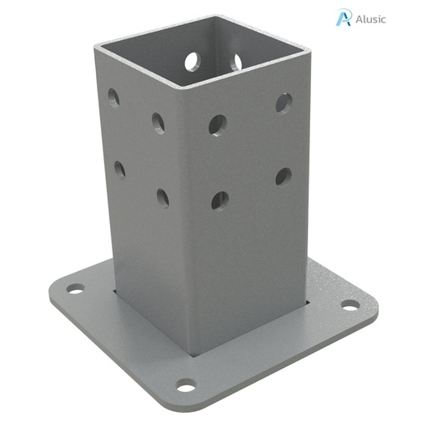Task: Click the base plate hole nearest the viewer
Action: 186,385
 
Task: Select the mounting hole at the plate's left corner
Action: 75,289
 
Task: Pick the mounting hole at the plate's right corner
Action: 349,304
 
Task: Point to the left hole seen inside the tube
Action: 192,61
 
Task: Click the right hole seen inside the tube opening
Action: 237,62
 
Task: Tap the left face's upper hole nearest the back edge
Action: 113,98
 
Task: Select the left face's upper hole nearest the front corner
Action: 158,123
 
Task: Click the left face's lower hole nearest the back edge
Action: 119,169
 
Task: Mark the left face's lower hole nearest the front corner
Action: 162,198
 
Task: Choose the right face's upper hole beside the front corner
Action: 218,125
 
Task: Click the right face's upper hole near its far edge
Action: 284,103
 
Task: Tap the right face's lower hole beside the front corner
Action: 219,200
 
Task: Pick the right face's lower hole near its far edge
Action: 284,176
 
